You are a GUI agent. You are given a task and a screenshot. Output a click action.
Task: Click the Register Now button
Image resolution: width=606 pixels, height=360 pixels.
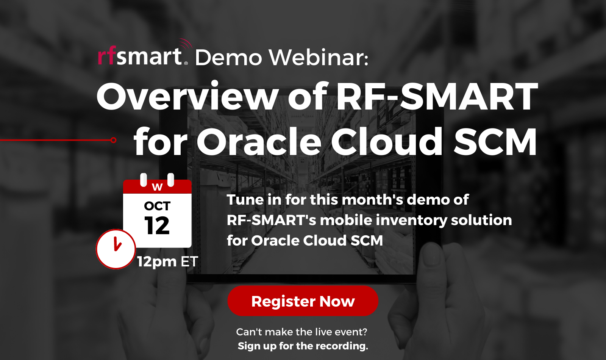click(x=303, y=301)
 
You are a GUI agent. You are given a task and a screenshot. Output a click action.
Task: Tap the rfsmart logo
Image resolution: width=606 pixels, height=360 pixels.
click(x=142, y=56)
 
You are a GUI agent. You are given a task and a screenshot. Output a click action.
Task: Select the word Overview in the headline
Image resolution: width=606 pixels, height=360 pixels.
click(x=187, y=97)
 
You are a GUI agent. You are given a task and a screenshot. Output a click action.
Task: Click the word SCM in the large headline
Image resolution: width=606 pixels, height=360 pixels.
click(x=495, y=142)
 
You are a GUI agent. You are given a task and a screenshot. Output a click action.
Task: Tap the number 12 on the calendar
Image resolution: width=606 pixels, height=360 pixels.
click(x=157, y=226)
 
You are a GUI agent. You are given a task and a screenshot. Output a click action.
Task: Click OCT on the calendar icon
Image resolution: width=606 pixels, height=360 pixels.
click(x=157, y=206)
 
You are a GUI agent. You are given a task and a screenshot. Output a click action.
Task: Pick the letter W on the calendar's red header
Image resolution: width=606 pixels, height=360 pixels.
click(x=157, y=187)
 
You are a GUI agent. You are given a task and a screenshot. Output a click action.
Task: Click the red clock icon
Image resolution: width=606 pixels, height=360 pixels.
click(x=116, y=249)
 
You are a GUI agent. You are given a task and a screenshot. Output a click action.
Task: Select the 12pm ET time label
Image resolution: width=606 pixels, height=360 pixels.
click(x=167, y=261)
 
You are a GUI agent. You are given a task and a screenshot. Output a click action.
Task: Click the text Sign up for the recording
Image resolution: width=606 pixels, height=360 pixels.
click(x=303, y=346)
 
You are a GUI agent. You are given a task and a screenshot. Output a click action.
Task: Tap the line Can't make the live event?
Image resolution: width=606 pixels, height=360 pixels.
click(x=301, y=332)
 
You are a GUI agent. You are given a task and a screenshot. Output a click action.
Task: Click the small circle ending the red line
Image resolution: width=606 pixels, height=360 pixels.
click(x=113, y=140)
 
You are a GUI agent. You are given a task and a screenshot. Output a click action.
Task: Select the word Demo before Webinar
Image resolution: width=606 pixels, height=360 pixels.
click(x=228, y=58)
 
